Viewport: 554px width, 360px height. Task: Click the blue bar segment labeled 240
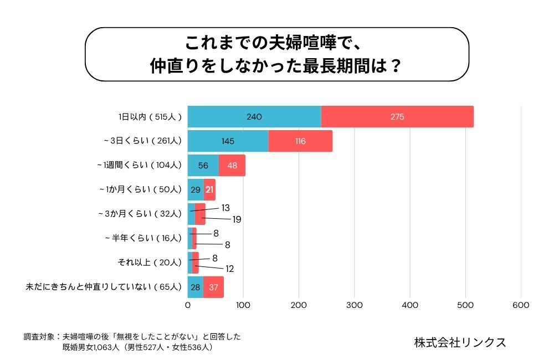(254, 117)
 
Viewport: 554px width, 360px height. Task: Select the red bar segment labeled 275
(397, 117)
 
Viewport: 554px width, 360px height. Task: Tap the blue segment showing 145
(228, 141)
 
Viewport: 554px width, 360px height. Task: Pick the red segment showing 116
(300, 141)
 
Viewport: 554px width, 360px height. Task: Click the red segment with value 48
(232, 166)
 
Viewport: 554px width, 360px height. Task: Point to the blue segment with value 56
(203, 166)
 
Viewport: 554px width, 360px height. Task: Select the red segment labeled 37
(213, 287)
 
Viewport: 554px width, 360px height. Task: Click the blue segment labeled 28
(195, 287)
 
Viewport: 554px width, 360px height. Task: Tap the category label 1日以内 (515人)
(150, 117)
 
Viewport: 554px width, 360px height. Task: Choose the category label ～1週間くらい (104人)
(139, 165)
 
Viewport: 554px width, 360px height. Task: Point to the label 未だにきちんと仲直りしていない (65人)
(104, 287)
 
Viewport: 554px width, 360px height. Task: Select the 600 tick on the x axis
(521, 305)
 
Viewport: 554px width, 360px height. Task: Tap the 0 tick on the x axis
(188, 305)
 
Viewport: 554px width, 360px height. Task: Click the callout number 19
(237, 219)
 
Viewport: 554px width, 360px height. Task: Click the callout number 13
(225, 208)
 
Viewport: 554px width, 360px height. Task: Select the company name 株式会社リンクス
(460, 342)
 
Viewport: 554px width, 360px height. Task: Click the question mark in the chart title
(396, 66)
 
